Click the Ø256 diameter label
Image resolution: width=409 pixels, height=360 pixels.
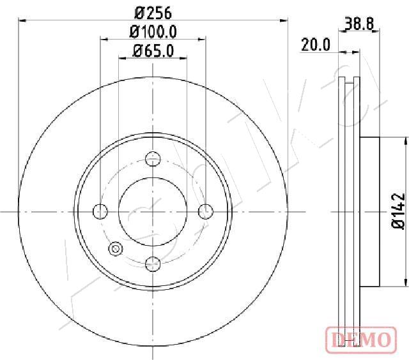point(153,11)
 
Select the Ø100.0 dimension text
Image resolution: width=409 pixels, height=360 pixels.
point(153,31)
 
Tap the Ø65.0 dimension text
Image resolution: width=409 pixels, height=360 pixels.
point(153,51)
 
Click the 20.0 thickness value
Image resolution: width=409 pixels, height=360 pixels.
point(315,44)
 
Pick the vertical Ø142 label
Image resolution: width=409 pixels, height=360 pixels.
point(397,210)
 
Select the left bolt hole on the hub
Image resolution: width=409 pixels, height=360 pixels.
point(100,211)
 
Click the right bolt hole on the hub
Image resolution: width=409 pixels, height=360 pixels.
point(205,211)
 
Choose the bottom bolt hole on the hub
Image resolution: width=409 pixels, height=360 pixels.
point(153,262)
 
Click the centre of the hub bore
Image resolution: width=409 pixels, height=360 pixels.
point(153,211)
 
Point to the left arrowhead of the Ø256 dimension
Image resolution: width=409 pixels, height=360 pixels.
point(23,20)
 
